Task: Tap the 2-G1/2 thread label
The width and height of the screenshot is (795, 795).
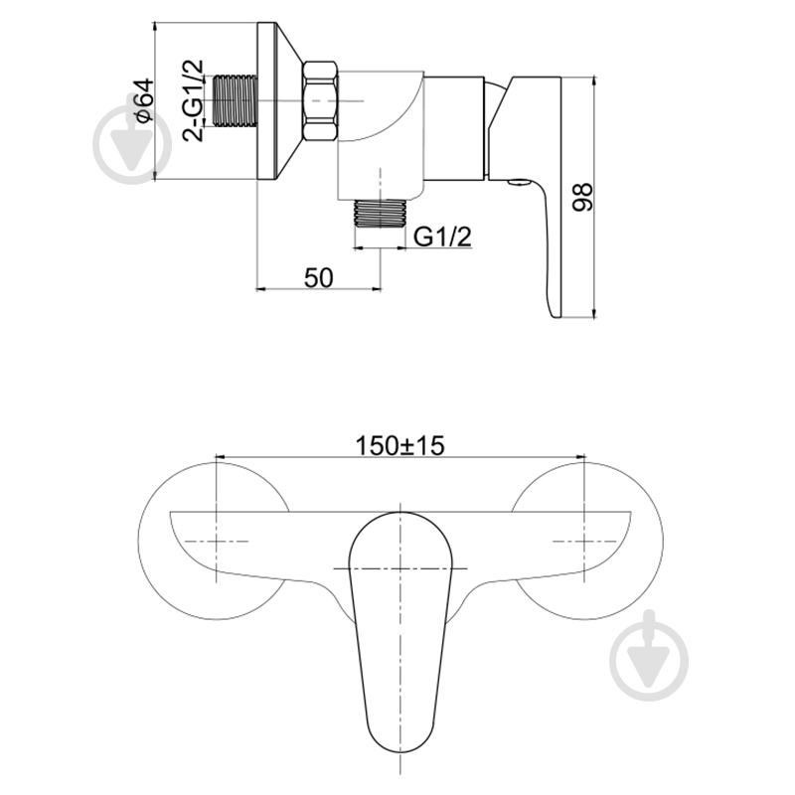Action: (193, 100)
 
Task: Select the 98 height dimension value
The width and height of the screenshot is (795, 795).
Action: (581, 197)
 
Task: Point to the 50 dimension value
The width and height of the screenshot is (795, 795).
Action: (319, 277)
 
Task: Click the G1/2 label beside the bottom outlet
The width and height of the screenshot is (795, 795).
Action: (442, 237)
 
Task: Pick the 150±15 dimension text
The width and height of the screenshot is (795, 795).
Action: (399, 445)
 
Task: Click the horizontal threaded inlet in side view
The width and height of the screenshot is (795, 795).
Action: (236, 100)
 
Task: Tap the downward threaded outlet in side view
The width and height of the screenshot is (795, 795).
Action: (380, 214)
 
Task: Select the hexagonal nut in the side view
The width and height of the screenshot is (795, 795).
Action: (320, 100)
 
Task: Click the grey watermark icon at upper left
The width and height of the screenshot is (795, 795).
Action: (132, 143)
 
